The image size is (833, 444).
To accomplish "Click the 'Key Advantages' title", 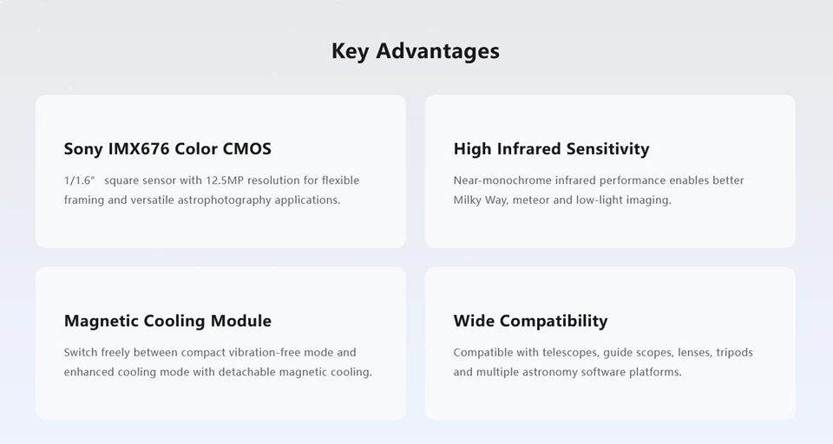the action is (x=416, y=51).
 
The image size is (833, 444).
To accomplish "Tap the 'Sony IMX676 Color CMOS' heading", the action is (x=167, y=148).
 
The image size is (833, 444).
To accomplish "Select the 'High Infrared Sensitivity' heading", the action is (x=551, y=148).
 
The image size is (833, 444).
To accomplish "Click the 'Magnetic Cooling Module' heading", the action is (x=167, y=321).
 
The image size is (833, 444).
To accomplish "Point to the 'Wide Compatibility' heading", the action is (x=530, y=321).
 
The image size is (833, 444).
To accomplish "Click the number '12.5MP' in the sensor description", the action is (x=224, y=180).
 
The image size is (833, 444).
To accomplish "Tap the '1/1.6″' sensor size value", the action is (x=79, y=180).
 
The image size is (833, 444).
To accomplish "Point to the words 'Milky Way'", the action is (x=480, y=200).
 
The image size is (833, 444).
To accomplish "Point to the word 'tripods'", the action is (x=735, y=353).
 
